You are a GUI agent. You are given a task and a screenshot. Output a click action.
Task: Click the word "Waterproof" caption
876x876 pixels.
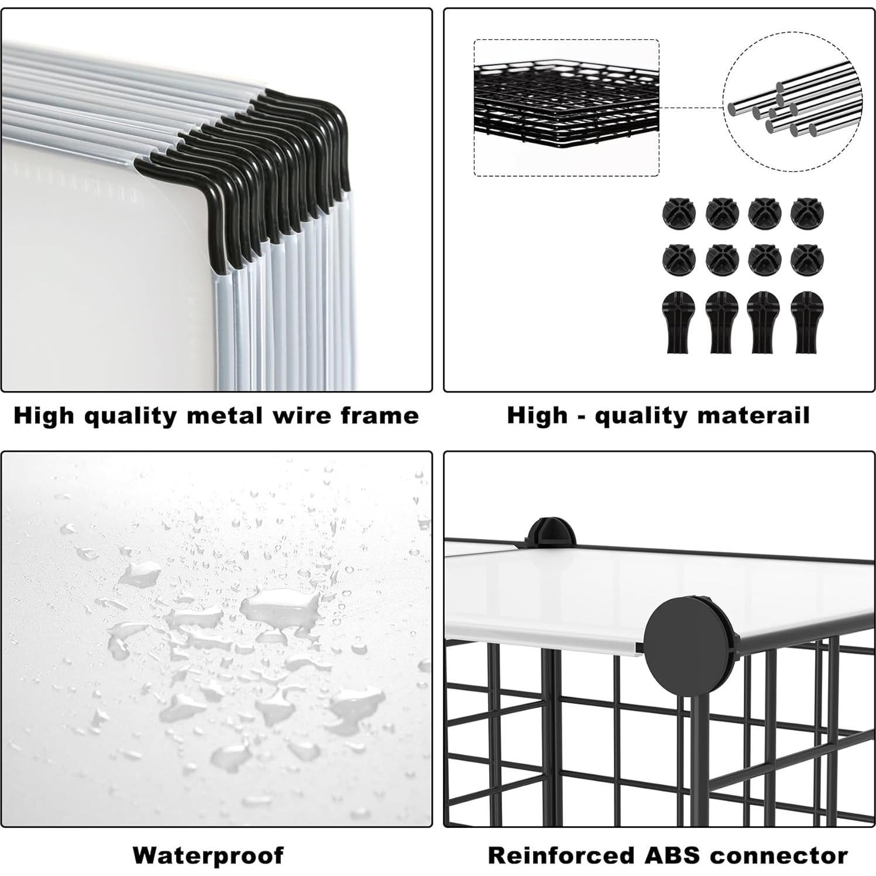tap(208, 856)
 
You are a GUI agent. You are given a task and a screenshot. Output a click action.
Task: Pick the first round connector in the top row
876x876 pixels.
tap(677, 214)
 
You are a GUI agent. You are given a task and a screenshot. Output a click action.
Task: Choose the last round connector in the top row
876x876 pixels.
tap(804, 214)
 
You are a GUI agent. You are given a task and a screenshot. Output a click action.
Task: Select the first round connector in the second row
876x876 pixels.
tap(677, 259)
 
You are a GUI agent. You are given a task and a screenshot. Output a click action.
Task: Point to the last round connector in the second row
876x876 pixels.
tap(804, 259)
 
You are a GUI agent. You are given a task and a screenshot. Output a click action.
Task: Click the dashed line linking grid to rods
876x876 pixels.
tap(692, 108)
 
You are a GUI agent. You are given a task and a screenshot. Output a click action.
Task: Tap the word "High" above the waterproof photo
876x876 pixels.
tap(44, 415)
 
